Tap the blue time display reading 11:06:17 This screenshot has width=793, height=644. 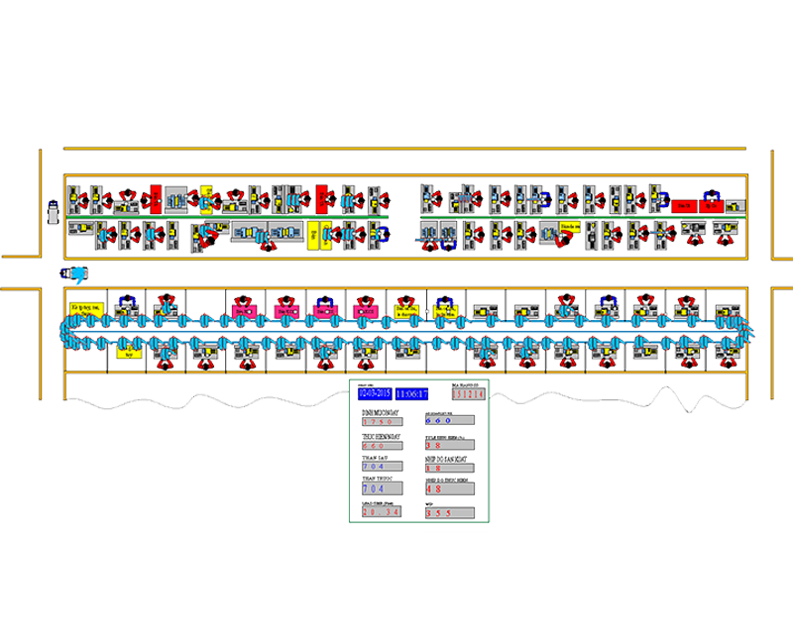412,393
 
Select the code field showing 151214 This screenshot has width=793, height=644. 468,393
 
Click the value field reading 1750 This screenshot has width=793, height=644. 383,422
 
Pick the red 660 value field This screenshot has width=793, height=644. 383,446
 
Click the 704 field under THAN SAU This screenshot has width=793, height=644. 383,466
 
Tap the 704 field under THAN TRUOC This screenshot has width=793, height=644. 383,488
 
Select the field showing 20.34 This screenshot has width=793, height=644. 383,512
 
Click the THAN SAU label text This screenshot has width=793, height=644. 372,457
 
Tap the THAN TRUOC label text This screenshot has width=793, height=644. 375,480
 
